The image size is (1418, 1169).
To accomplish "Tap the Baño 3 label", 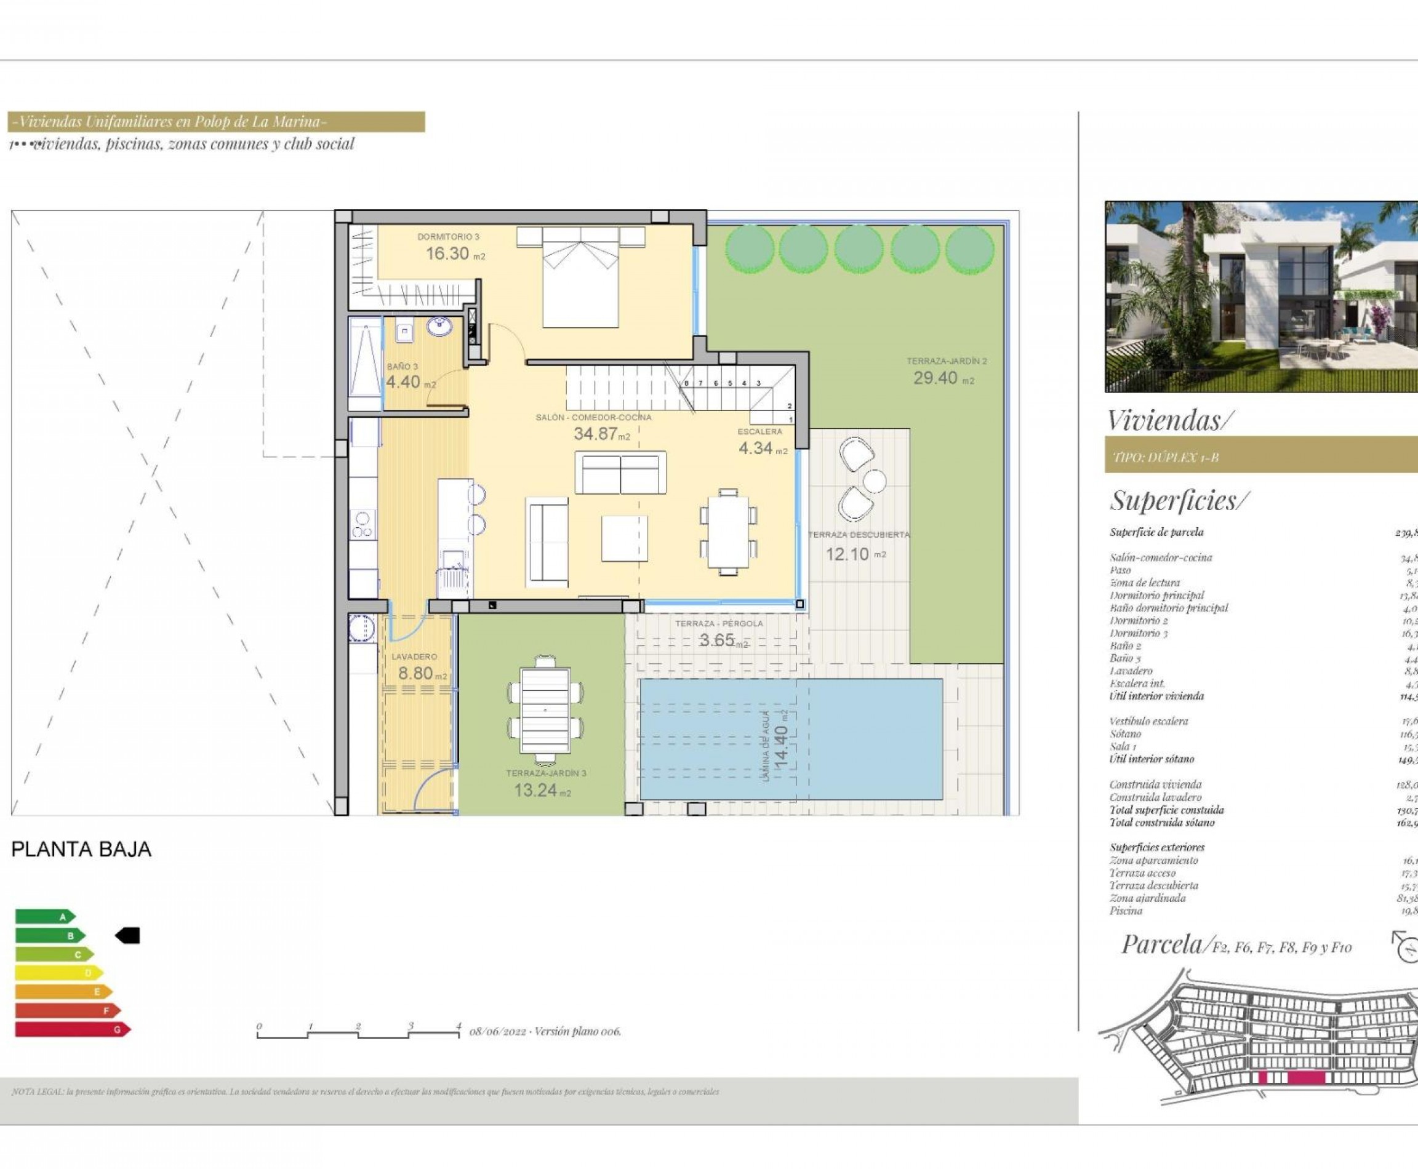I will pyautogui.click(x=402, y=366).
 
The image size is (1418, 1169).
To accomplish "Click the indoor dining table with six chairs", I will pyautogui.click(x=727, y=532).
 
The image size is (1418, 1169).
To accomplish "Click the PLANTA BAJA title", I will pyautogui.click(x=81, y=849).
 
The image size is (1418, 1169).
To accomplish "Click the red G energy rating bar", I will pyautogui.click(x=71, y=1029).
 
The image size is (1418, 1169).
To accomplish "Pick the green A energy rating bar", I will pyautogui.click(x=44, y=917).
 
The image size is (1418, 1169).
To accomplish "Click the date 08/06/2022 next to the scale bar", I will pyautogui.click(x=497, y=1031).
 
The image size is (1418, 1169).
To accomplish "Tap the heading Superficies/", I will pyautogui.click(x=1179, y=500).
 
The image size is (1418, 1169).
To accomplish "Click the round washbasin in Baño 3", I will pyautogui.click(x=439, y=327).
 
